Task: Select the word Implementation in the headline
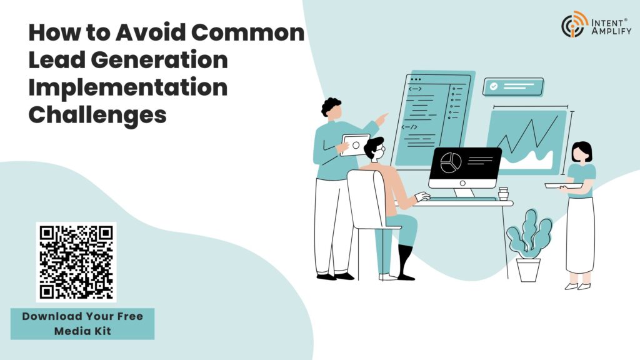point(127,88)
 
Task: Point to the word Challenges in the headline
point(97,116)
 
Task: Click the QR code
point(76,261)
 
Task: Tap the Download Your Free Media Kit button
point(82,323)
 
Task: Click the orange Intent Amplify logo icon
point(574,25)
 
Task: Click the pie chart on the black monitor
point(451,163)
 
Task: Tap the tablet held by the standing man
point(355,145)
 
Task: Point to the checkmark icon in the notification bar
point(494,87)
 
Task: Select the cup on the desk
point(503,194)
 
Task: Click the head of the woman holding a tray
point(581,152)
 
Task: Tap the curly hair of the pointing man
point(331,106)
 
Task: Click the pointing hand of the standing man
point(381,117)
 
